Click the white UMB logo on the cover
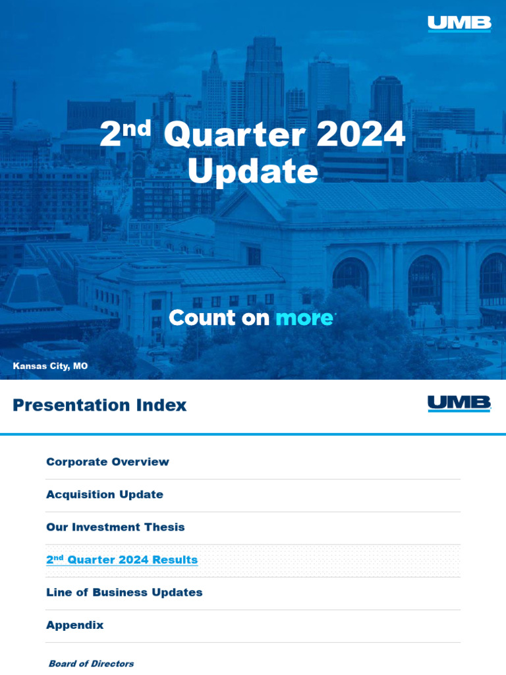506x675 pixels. click(459, 24)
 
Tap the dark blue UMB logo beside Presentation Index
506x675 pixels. click(459, 404)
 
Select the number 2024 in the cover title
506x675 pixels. click(360, 134)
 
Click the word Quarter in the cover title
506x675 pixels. click(235, 134)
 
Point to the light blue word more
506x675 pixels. click(304, 318)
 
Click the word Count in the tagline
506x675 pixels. click(202, 318)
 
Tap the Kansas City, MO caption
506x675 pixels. click(50, 366)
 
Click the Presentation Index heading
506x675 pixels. click(99, 405)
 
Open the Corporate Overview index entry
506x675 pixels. click(107, 461)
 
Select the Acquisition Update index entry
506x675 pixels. click(105, 494)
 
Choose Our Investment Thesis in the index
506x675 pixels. click(115, 527)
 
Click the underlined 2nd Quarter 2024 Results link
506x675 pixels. click(122, 559)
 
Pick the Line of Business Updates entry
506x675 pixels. click(125, 593)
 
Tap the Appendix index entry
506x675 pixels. click(75, 625)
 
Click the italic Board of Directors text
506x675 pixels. click(91, 663)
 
